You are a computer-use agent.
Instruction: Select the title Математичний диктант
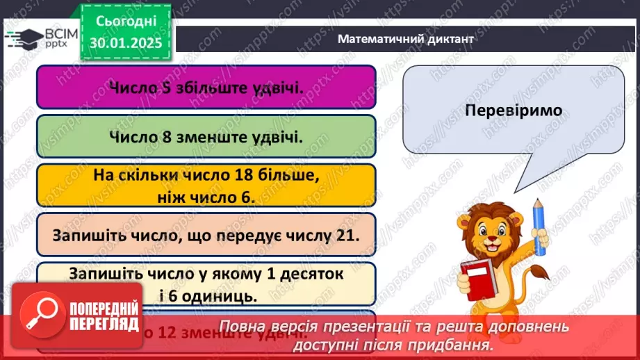(x=406, y=39)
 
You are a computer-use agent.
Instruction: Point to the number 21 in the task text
(x=350, y=236)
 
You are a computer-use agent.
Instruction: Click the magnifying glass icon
(x=39, y=313)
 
